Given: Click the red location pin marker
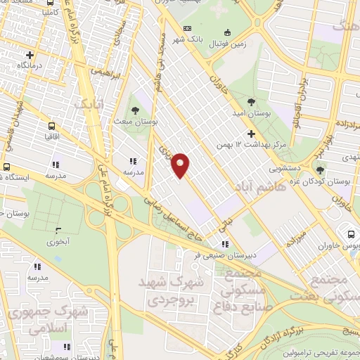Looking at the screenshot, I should coord(181,165).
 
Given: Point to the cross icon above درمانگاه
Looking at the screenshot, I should coord(30,54).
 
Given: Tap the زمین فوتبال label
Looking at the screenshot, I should coord(232,43).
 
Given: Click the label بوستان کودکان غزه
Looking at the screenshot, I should coord(333,181).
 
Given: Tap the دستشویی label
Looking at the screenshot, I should coord(285,169).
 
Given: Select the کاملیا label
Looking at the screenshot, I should coord(52,12).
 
